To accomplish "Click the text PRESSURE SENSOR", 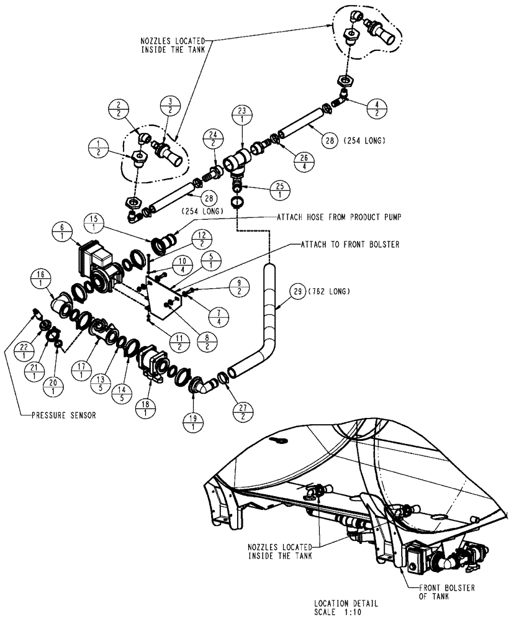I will coord(63,416).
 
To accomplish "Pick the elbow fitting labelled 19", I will coord(204,387).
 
